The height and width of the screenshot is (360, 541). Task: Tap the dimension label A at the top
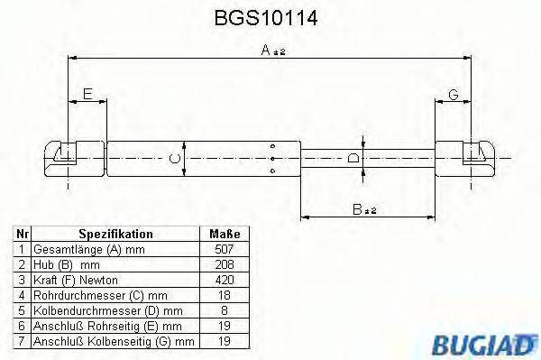pos(267,52)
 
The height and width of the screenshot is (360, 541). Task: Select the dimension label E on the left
pos(87,94)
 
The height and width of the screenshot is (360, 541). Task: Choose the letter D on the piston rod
pos(354,158)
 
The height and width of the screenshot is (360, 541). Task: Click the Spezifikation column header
pos(114,233)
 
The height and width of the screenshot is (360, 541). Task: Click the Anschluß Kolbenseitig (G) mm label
pos(113,342)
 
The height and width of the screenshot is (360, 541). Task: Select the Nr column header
pos(23,233)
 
